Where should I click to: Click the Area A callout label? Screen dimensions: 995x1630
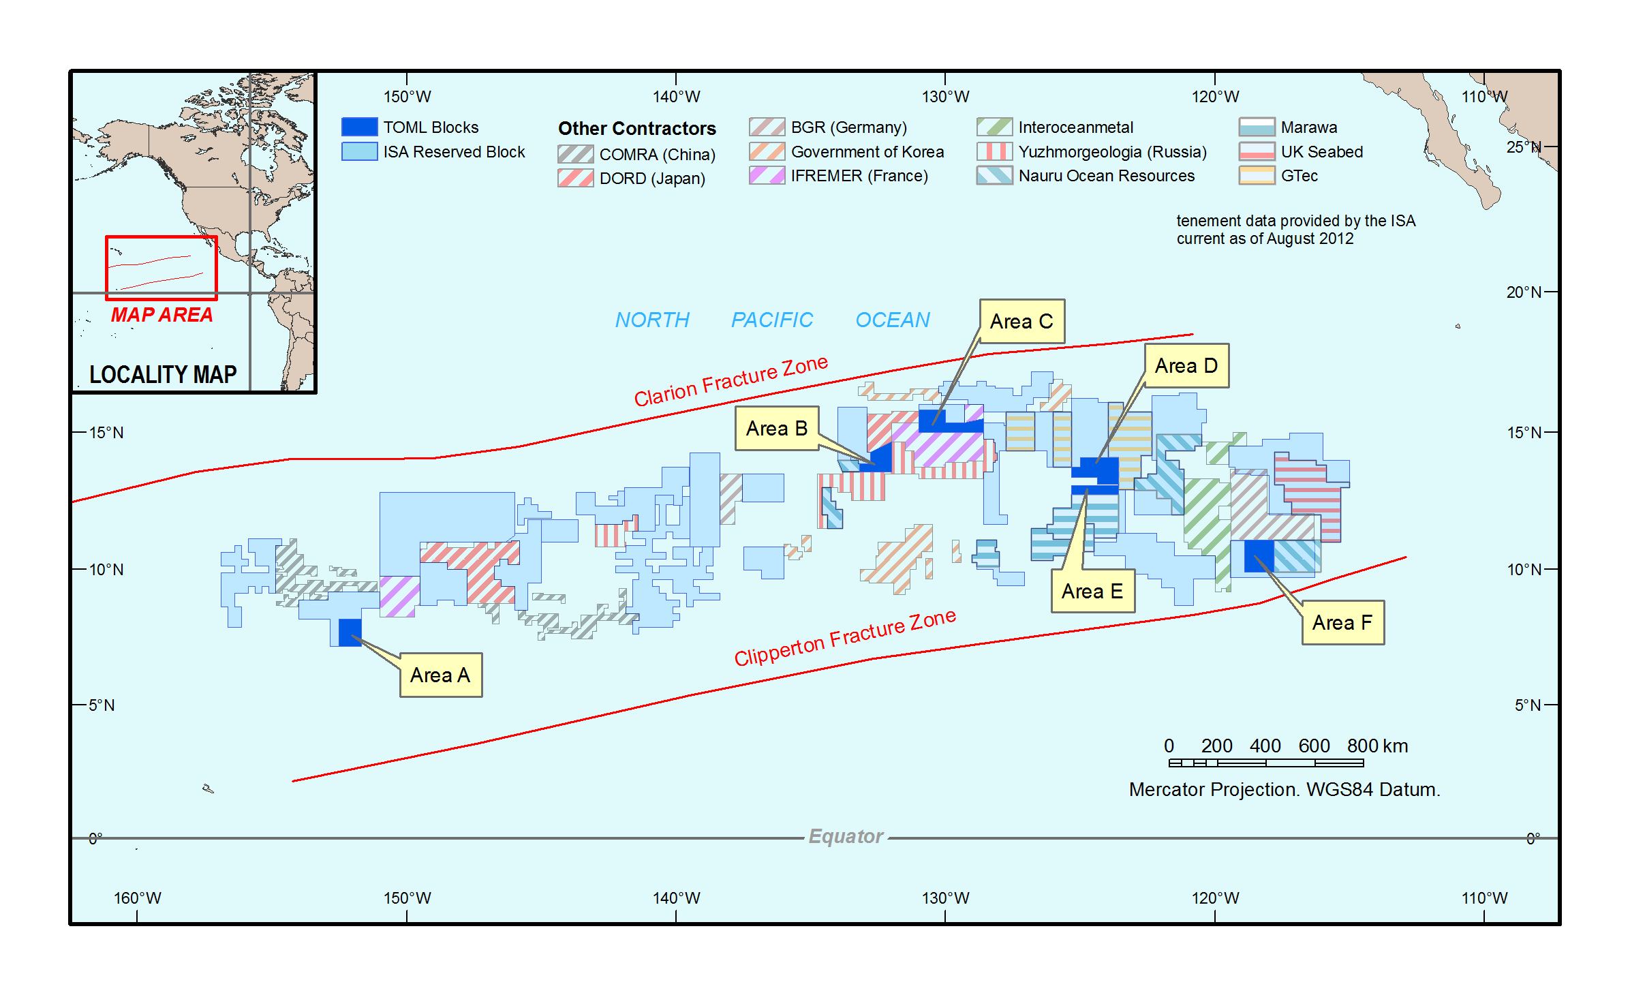pos(440,675)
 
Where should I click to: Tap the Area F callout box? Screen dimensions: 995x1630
pos(1342,622)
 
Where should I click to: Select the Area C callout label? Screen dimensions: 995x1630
pos(1021,321)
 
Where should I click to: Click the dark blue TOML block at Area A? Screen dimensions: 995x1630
pos(350,632)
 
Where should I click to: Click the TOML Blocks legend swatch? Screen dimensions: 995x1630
pos(359,127)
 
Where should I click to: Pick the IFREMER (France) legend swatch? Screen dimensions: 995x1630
pos(767,176)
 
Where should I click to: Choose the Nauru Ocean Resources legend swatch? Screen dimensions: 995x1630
pos(994,176)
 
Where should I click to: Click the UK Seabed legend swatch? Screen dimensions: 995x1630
pos(1257,151)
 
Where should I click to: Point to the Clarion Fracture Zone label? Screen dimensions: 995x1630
pos(731,381)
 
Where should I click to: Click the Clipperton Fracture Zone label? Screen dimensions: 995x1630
pos(844,637)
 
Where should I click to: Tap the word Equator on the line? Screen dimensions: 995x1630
pos(846,836)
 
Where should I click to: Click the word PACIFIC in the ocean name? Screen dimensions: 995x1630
pos(771,320)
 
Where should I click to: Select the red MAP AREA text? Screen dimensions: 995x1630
pos(162,315)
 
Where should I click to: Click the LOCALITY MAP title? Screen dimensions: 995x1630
pos(163,374)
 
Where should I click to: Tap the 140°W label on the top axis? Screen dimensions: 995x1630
pos(676,97)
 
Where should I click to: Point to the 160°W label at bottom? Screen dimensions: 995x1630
pos(137,898)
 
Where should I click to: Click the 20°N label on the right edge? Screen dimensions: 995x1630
pos(1523,292)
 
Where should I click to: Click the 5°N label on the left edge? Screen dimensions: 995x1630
pos(102,705)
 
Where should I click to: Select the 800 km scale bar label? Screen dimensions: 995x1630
pos(1377,746)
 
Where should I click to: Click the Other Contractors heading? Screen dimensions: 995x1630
pos(636,128)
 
